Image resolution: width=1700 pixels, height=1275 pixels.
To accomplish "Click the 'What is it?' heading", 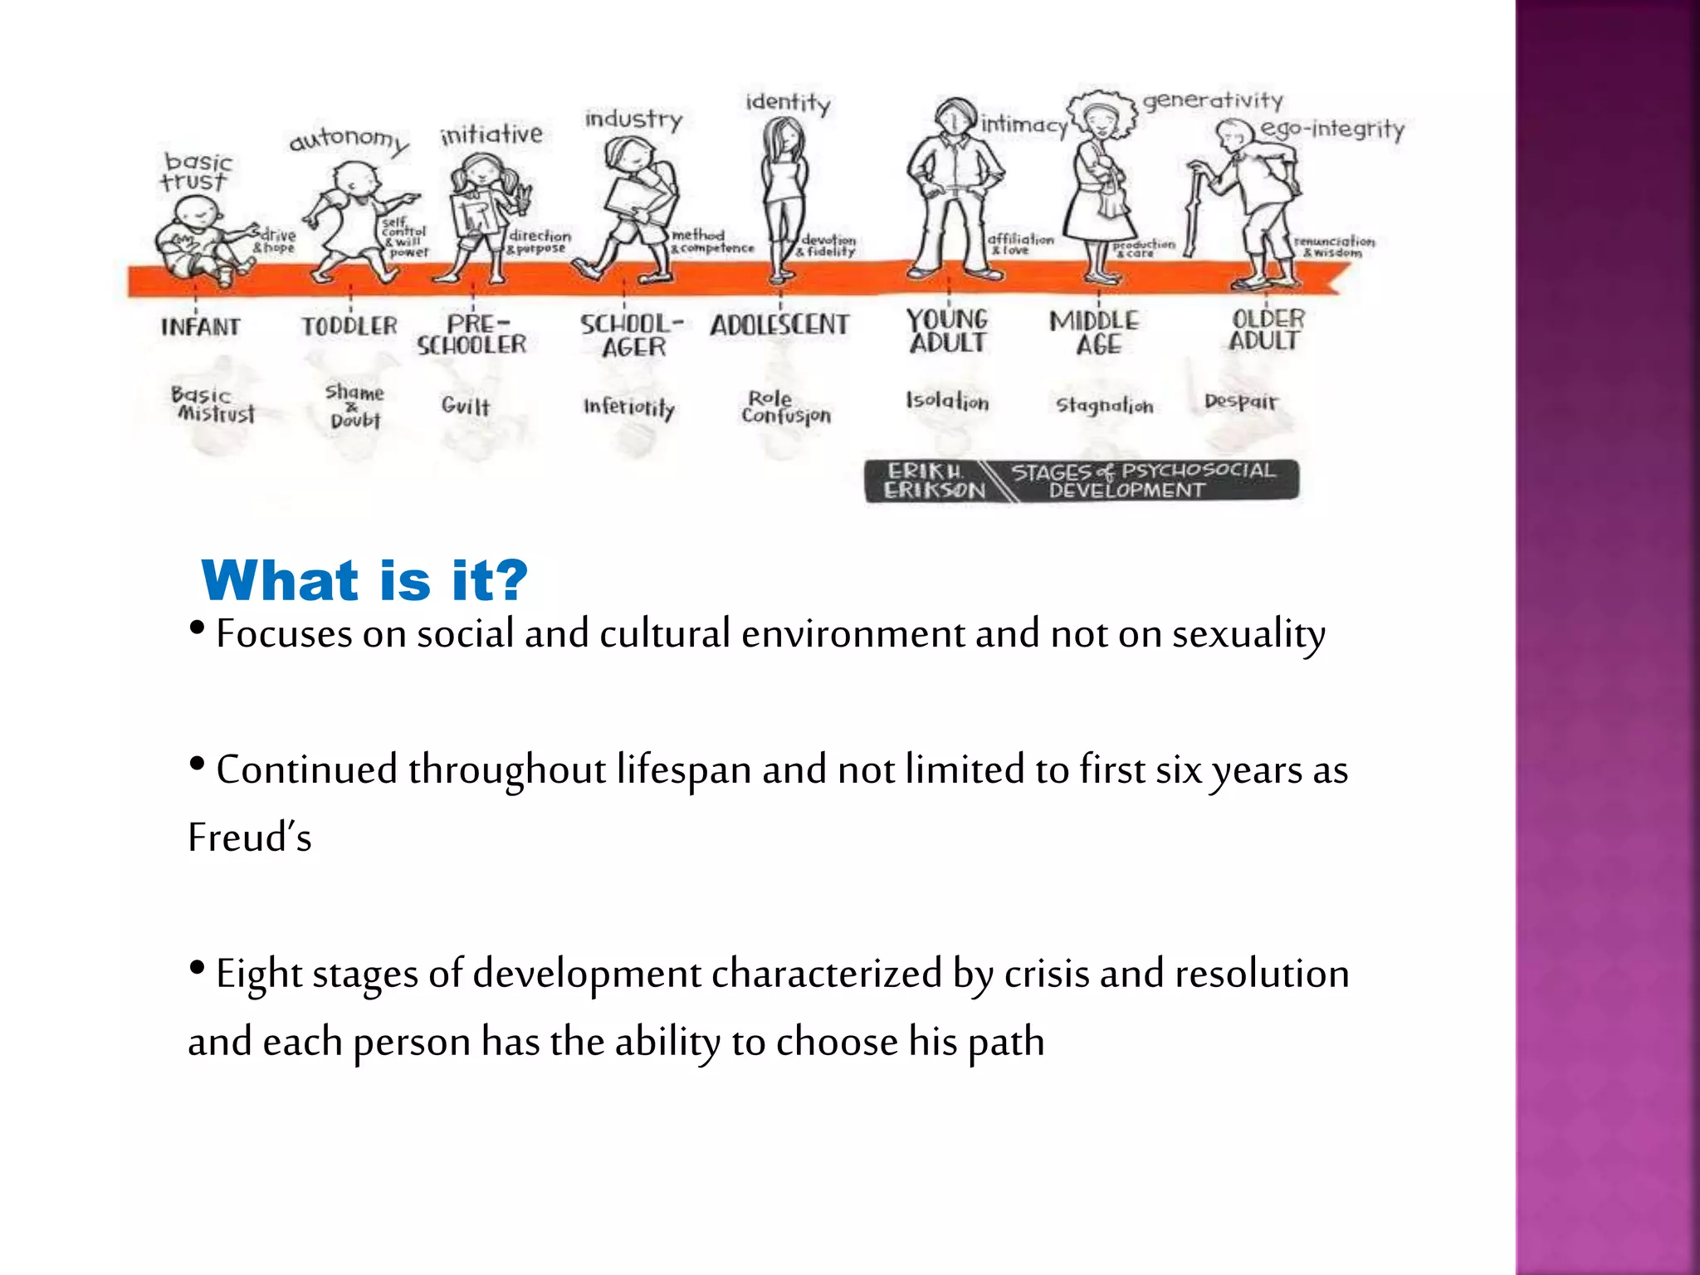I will point(364,580).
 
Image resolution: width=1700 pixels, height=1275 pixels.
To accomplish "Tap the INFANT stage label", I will point(200,327).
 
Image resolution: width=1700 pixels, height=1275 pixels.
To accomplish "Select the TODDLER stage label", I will point(349,326).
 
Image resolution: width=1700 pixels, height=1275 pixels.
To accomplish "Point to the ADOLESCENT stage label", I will point(779,325).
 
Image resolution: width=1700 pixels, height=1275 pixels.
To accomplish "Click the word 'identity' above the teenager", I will point(788,103).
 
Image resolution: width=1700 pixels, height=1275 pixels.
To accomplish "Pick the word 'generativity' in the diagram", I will point(1213,100).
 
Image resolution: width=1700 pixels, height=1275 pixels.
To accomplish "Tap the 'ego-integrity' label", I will point(1332,129).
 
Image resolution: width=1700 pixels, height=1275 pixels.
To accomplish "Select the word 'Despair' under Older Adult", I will point(1241,402).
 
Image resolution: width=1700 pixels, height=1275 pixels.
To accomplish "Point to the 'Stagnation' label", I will point(1104,405).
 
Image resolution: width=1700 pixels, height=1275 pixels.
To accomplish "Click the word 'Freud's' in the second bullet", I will point(250,837).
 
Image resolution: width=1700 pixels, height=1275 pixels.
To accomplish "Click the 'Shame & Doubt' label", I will point(354,405).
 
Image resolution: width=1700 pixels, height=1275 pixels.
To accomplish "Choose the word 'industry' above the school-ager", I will point(633,120).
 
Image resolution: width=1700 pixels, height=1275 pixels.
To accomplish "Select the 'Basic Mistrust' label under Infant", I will point(212,404).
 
